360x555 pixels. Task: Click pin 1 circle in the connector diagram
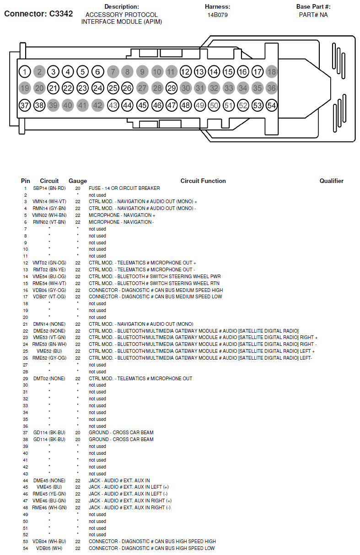[25, 72]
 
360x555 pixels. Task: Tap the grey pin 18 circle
[272, 72]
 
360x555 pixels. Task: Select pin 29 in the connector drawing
[171, 88]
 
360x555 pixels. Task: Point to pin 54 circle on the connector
[272, 106]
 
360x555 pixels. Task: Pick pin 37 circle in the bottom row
[25, 106]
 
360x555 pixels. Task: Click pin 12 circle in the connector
[185, 72]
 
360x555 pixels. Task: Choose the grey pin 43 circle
[113, 106]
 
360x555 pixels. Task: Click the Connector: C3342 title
[38, 14]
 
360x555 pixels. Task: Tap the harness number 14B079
[217, 15]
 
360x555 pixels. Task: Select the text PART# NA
[313, 15]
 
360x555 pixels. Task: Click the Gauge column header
[78, 181]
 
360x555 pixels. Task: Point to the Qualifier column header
[331, 181]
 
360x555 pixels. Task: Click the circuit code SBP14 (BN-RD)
[49, 189]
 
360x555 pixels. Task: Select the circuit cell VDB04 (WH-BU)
[49, 542]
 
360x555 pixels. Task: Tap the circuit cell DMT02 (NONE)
[49, 379]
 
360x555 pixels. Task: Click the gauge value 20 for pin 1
[78, 189]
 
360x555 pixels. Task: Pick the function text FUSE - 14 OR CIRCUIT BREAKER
[124, 189]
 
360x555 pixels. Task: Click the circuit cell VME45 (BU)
[49, 487]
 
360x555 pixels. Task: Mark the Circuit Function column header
[203, 181]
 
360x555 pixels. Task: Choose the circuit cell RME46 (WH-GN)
[49, 508]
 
